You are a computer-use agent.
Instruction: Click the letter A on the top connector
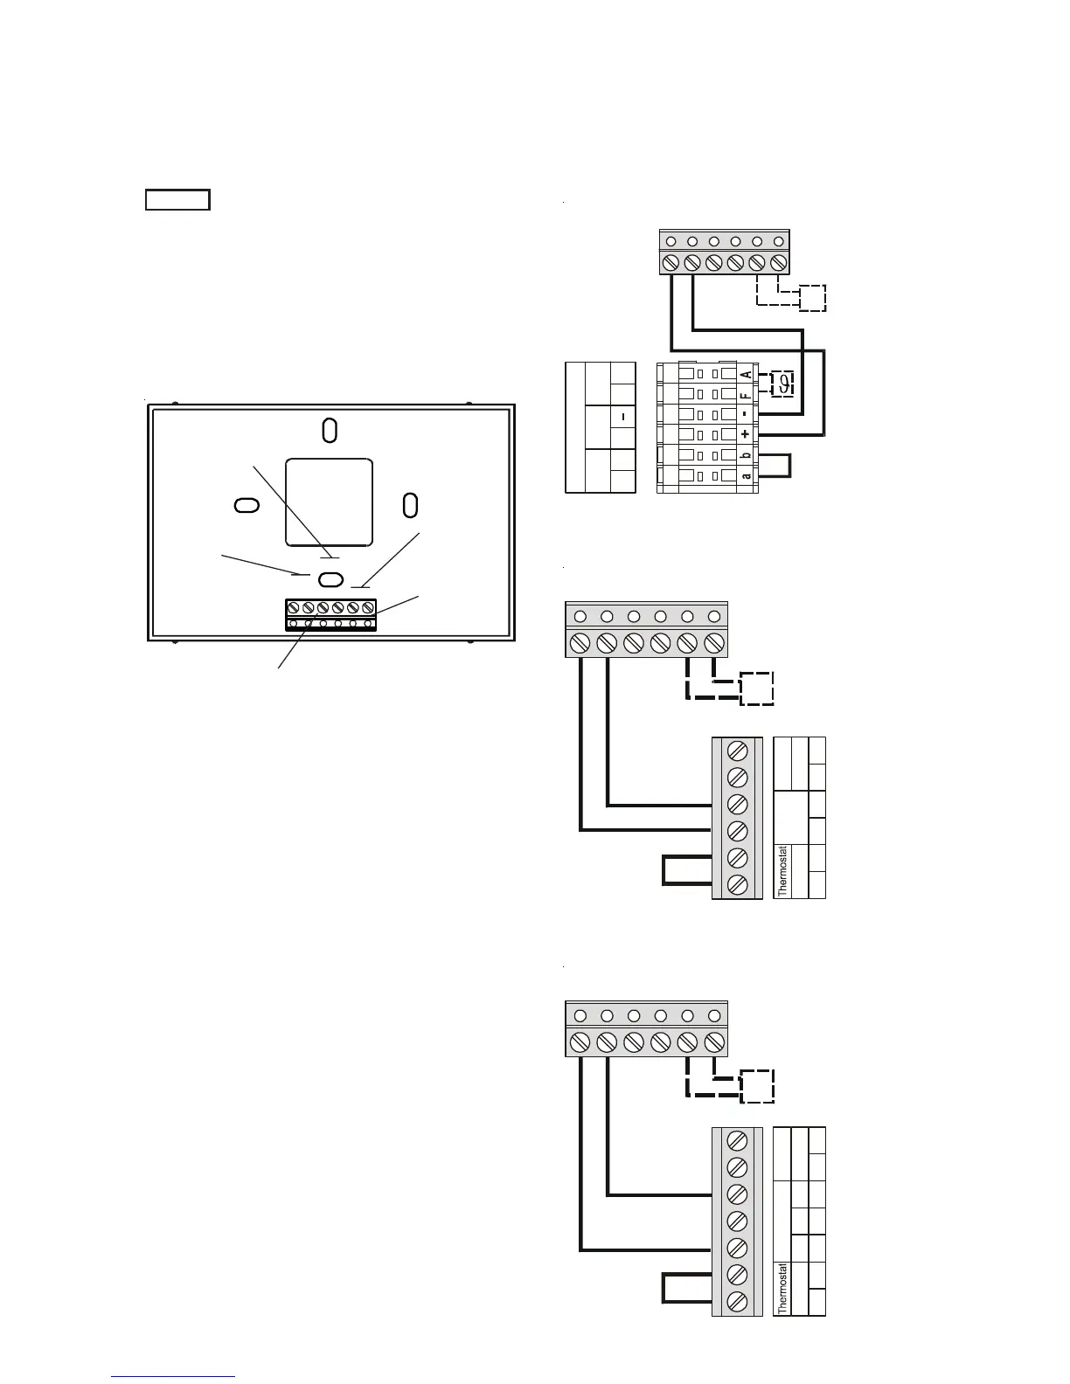coord(746,375)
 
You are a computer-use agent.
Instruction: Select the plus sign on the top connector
coord(746,434)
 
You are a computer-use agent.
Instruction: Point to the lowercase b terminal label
coord(746,455)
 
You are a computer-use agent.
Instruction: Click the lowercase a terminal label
coord(746,476)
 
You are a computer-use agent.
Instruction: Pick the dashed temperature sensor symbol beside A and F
coord(784,384)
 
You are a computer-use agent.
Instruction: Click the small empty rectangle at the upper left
coord(177,200)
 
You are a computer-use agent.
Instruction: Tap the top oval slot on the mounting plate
coord(330,430)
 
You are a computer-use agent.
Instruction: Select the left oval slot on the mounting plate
coord(247,506)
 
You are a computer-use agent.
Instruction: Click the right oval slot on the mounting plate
coord(410,504)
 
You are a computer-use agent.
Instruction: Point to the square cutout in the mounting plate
coord(329,502)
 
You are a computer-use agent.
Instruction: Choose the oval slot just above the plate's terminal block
coord(330,579)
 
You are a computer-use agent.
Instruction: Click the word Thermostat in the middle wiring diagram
coord(782,870)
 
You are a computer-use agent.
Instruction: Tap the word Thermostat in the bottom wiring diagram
coord(782,1288)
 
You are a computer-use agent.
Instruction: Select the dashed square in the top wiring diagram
coord(812,298)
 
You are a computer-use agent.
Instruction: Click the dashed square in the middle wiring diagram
coord(757,689)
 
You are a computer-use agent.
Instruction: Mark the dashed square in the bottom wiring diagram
coord(757,1085)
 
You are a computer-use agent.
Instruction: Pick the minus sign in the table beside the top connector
coord(622,418)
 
